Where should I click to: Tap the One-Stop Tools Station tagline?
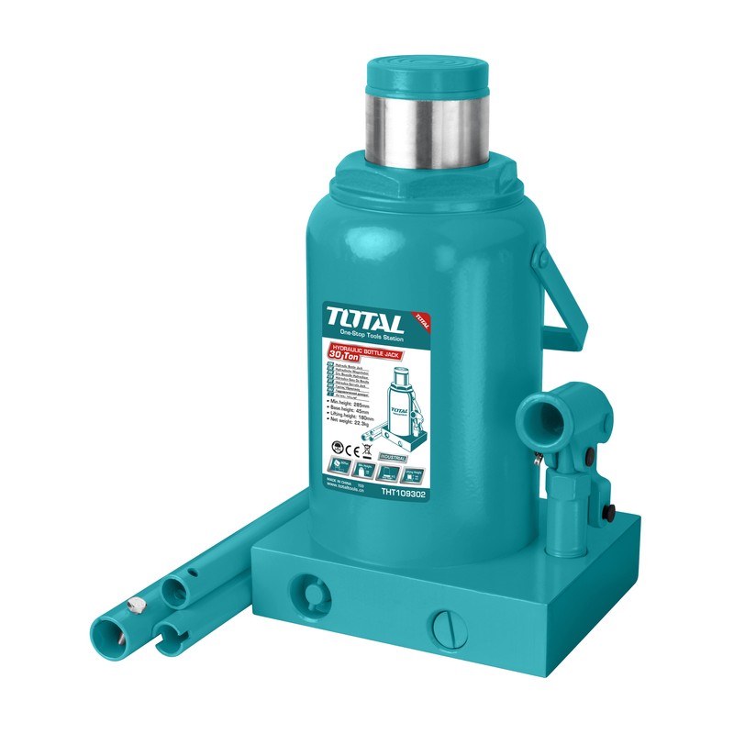[x=373, y=334]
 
